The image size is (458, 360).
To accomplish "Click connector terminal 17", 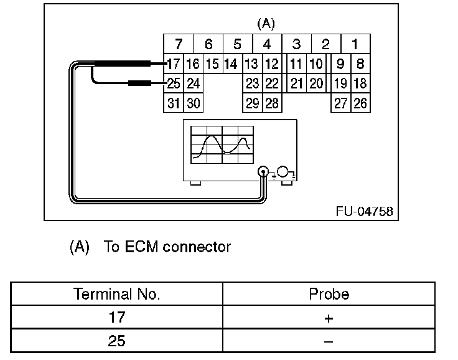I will (x=174, y=64).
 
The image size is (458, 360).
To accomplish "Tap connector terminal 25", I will (x=174, y=83).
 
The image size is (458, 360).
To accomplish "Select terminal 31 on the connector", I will (x=174, y=103).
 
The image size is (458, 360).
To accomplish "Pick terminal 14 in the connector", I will (x=230, y=64).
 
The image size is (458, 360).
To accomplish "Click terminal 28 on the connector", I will (x=272, y=103).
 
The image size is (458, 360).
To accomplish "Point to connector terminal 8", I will (x=360, y=64).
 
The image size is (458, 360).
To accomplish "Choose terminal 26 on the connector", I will (x=360, y=103).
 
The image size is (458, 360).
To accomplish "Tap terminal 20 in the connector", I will (x=316, y=83).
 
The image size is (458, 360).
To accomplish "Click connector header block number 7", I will (x=179, y=44).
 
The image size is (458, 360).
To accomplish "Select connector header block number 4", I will (x=266, y=44).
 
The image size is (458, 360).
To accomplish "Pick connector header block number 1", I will (x=355, y=44).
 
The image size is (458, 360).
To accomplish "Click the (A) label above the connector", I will (x=266, y=24).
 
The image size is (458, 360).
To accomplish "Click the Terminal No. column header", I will (x=117, y=294).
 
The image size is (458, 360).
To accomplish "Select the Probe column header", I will (x=329, y=294).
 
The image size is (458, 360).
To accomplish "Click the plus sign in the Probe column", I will (x=329, y=318).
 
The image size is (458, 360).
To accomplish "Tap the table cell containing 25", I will (x=117, y=341).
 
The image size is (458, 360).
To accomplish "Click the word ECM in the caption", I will (x=141, y=247).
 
